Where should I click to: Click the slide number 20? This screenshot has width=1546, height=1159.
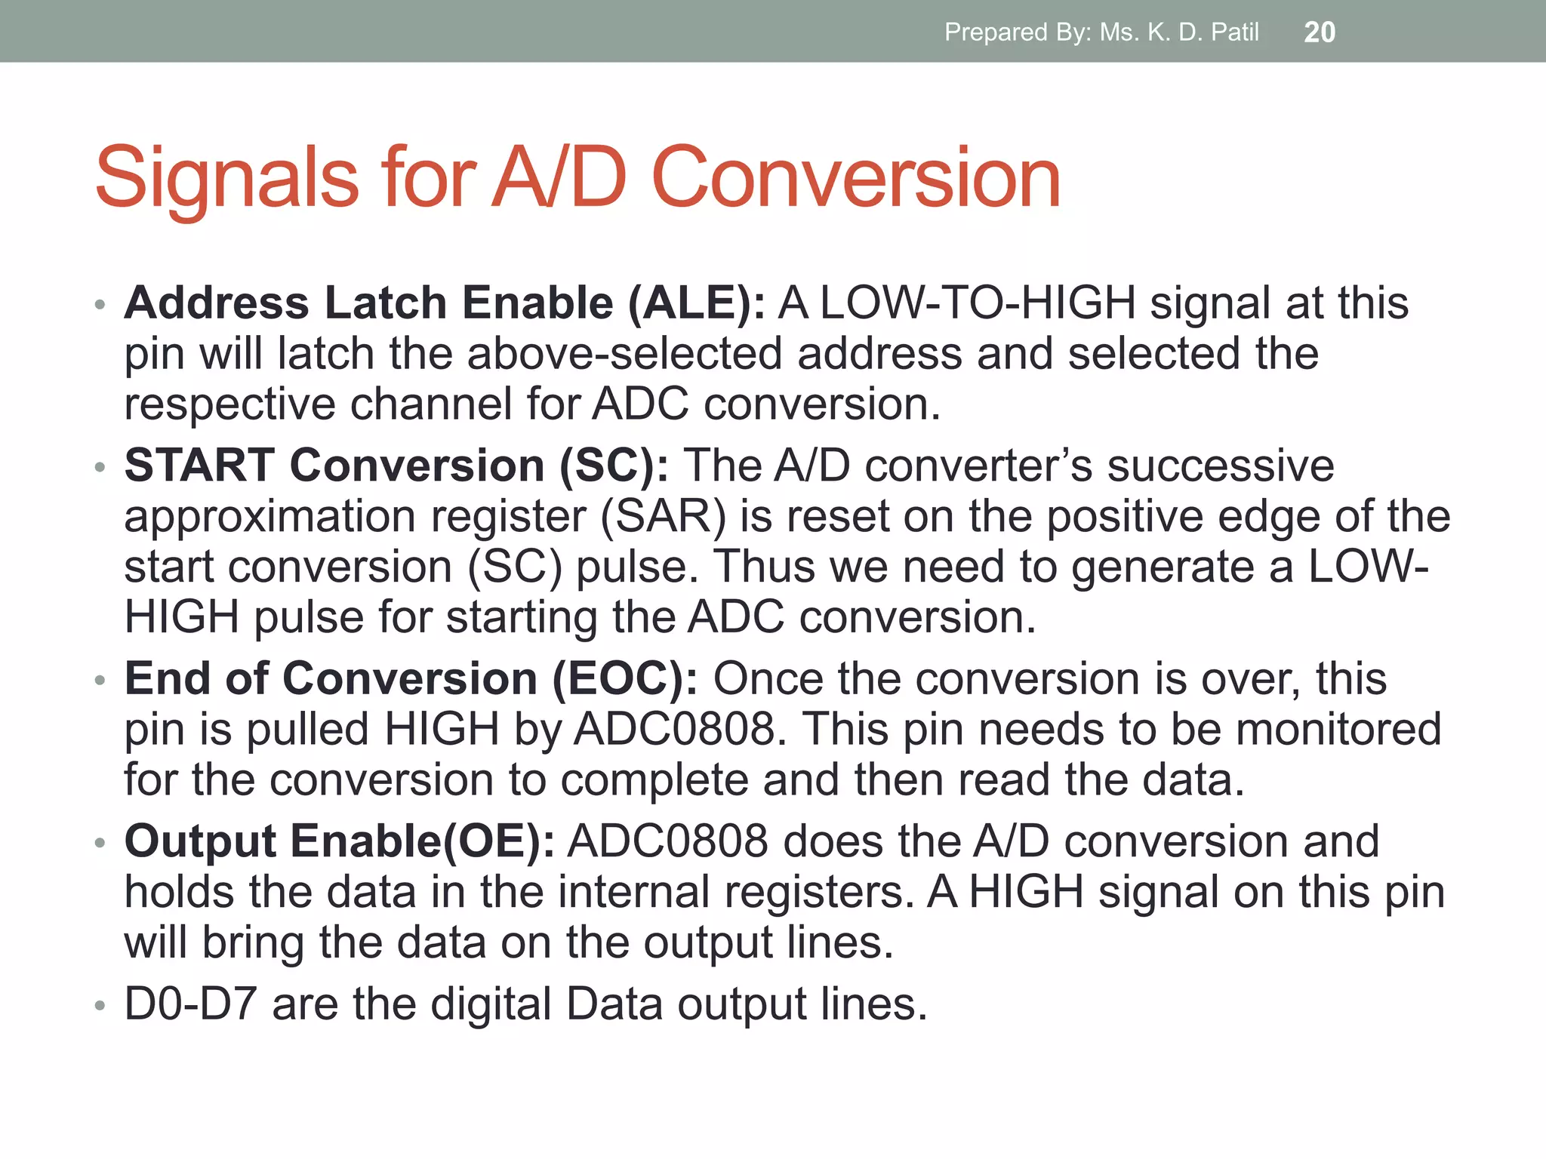click(x=1320, y=32)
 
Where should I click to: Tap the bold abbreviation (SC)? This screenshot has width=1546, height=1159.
click(x=614, y=465)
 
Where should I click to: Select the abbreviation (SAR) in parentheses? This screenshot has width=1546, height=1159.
click(x=664, y=516)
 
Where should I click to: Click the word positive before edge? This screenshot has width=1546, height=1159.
click(x=1125, y=516)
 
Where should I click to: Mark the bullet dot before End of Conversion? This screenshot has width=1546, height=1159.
click(x=100, y=681)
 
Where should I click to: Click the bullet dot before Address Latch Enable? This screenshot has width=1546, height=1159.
click(x=100, y=306)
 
